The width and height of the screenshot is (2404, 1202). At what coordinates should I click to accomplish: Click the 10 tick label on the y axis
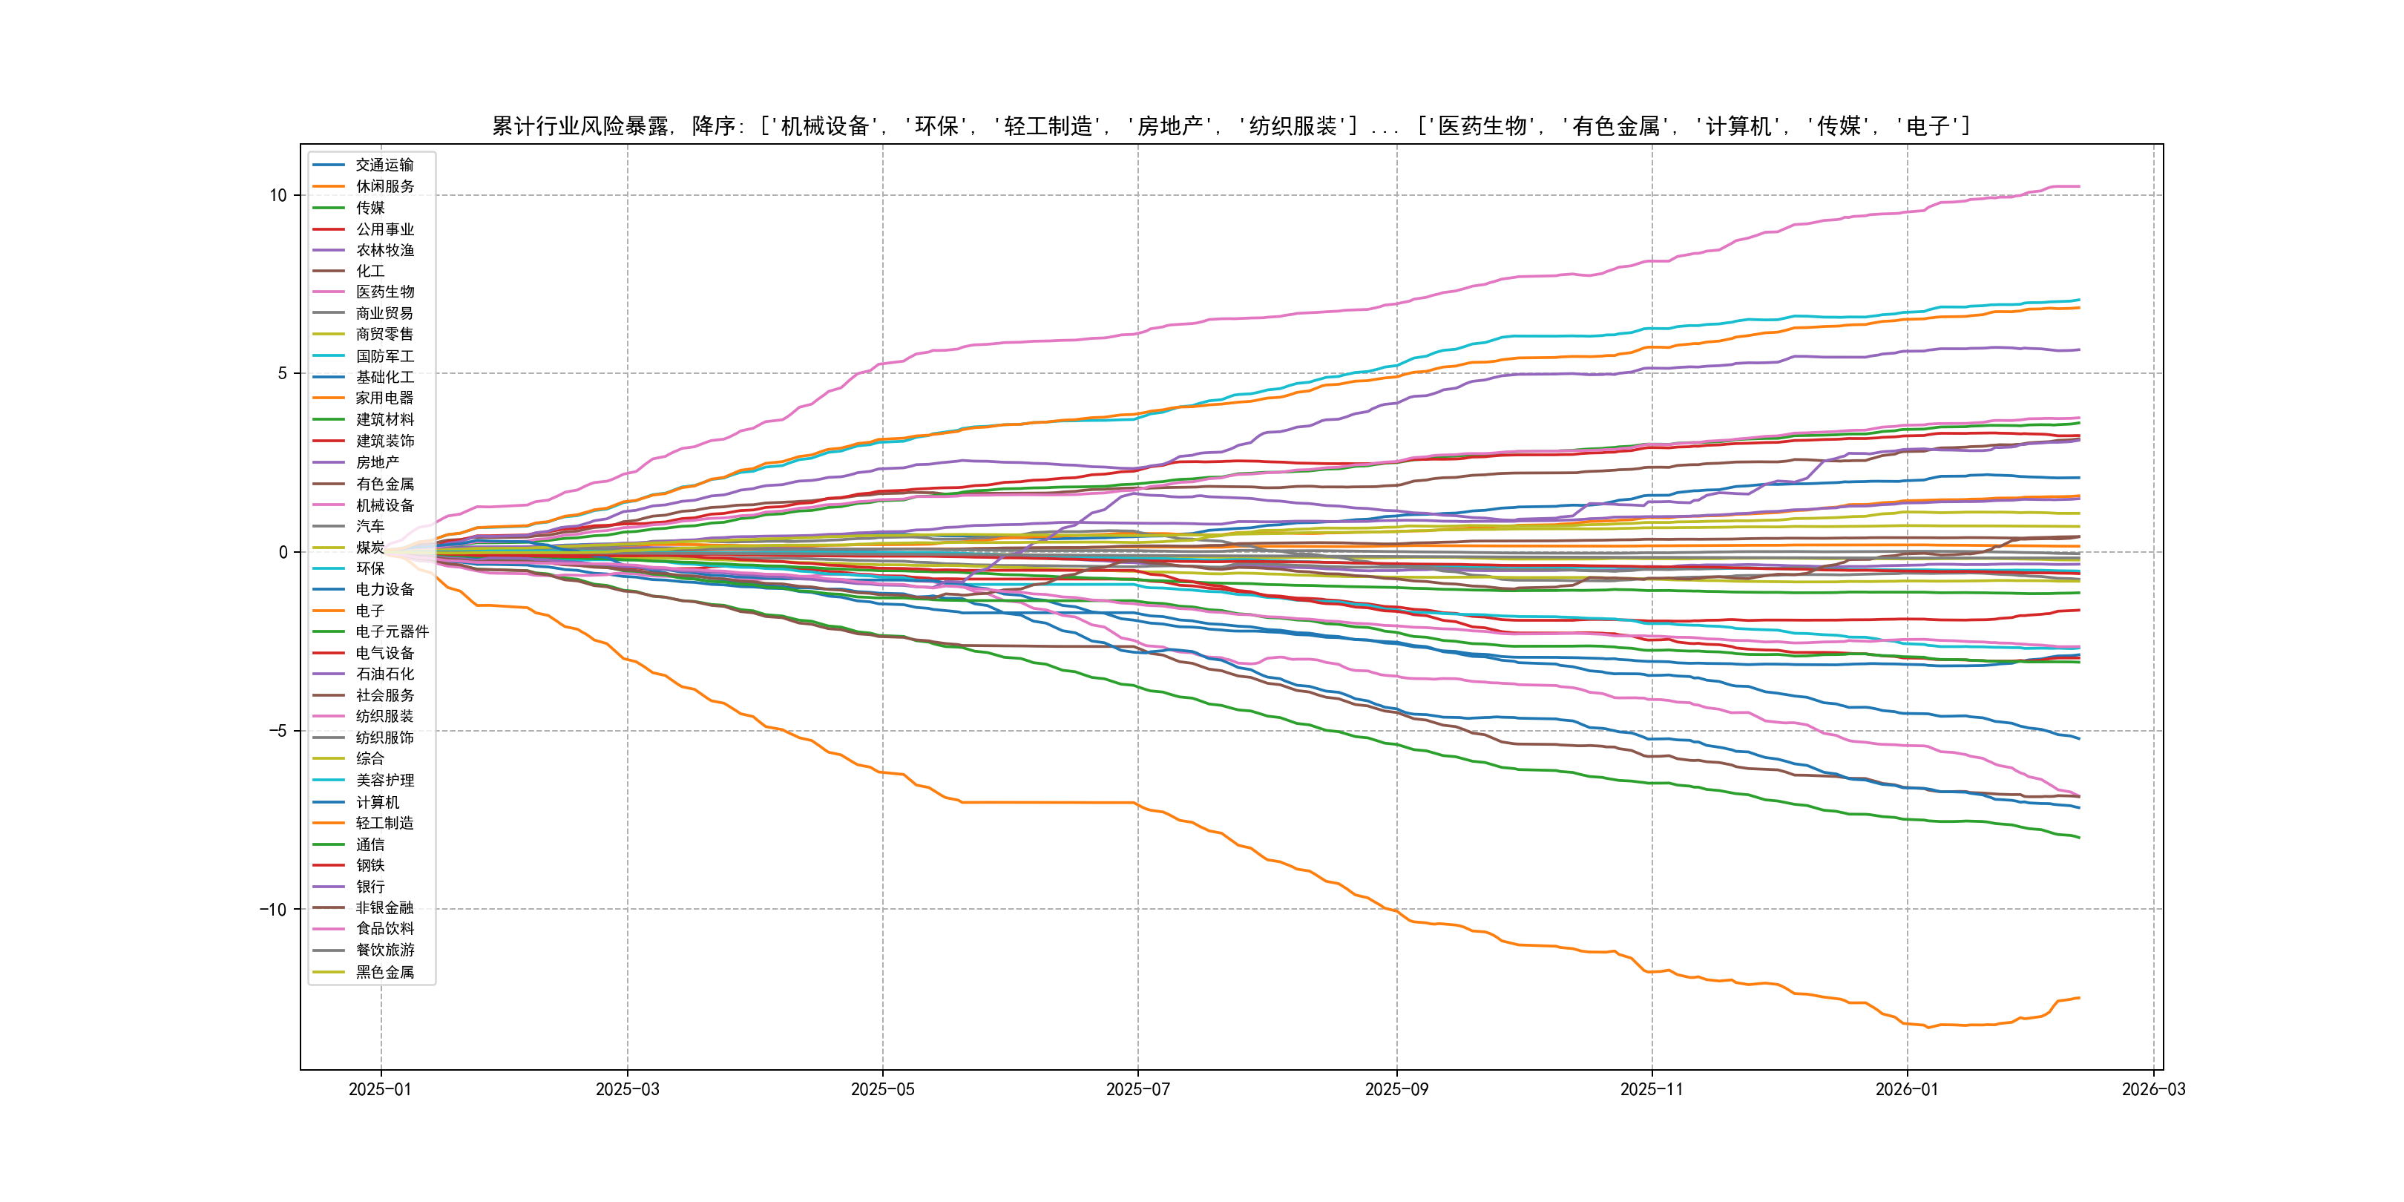click(x=278, y=195)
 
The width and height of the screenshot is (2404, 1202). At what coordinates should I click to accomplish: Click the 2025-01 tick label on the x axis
click(x=380, y=1089)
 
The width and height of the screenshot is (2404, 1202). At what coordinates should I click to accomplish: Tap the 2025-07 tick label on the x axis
click(x=1137, y=1089)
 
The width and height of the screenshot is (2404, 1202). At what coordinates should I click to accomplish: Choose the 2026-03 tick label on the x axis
click(x=2153, y=1089)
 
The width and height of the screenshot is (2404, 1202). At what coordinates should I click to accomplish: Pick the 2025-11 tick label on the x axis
click(x=1652, y=1089)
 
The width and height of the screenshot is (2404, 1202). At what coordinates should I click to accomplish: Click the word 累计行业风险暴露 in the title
click(x=580, y=126)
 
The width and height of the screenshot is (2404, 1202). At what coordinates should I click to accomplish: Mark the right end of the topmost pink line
click(x=2078, y=187)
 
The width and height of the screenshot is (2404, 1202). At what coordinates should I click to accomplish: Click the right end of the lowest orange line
click(x=2078, y=998)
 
